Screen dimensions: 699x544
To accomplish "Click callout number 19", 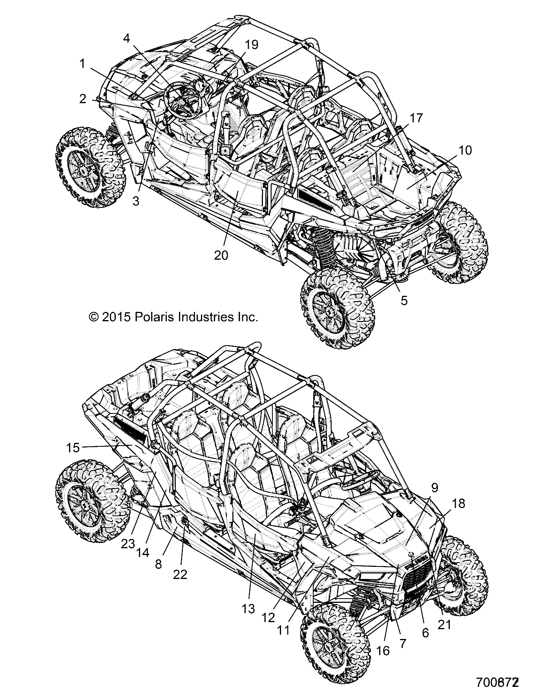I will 252,45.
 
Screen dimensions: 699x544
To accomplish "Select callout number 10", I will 465,150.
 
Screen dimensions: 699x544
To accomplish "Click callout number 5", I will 404,300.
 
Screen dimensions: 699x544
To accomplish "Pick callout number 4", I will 126,38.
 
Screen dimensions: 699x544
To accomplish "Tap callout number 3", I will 136,202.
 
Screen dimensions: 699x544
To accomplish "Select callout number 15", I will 73,448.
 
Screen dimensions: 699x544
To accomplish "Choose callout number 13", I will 248,609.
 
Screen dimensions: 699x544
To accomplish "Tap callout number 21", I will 444,624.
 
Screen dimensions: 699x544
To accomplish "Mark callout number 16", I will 383,650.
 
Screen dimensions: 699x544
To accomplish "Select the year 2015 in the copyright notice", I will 116,317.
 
